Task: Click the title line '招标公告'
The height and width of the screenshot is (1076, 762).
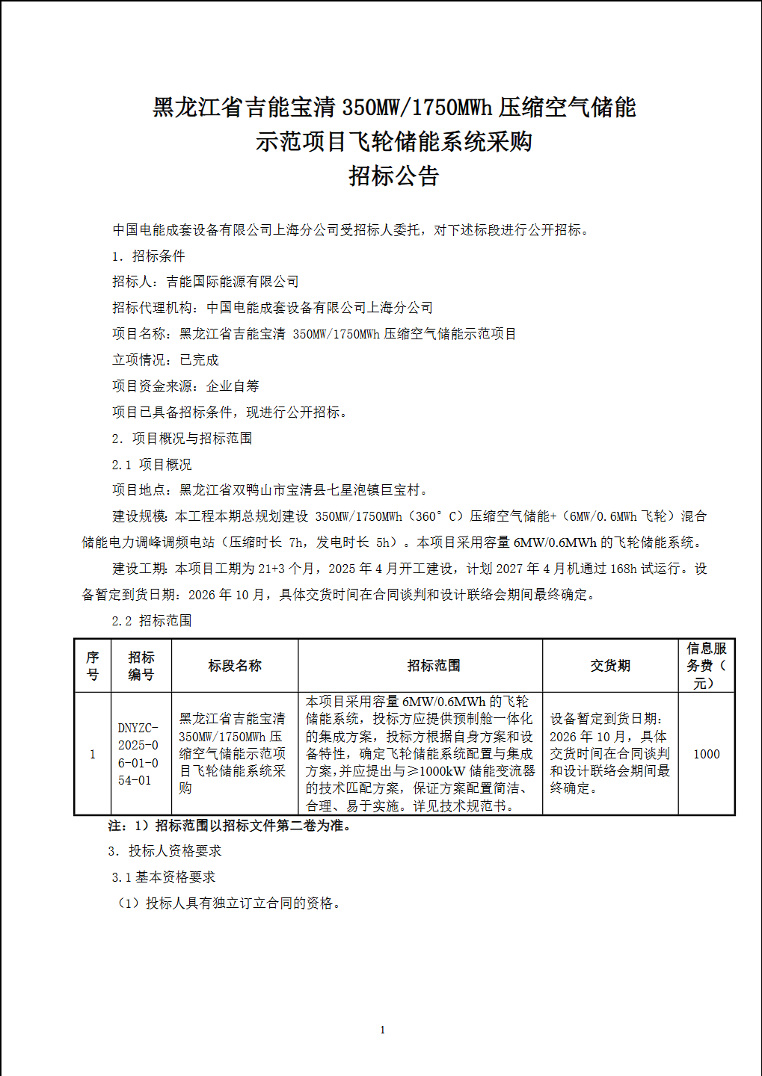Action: tap(393, 176)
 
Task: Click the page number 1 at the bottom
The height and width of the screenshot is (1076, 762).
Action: tap(383, 1030)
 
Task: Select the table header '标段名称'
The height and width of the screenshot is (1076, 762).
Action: tap(235, 666)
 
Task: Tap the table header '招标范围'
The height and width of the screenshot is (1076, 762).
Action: tap(434, 666)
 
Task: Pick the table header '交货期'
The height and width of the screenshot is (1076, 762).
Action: tap(610, 666)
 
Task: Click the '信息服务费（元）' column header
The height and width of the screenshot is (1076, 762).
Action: tap(706, 666)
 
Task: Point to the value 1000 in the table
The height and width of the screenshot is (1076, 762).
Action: tap(706, 754)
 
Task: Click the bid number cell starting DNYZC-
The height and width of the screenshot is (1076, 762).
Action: tap(139, 754)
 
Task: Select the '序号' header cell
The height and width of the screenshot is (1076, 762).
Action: tap(93, 666)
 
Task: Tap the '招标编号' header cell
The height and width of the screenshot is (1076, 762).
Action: tap(141, 666)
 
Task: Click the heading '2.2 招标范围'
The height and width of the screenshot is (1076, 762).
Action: tap(152, 621)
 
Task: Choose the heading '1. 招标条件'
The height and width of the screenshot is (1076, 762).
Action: tap(148, 256)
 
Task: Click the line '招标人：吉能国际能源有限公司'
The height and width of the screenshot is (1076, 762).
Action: tap(206, 282)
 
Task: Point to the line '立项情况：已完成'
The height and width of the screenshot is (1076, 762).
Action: tap(165, 360)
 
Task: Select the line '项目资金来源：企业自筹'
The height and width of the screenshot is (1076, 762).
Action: tap(185, 386)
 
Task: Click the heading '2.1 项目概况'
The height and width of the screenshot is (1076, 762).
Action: tap(152, 465)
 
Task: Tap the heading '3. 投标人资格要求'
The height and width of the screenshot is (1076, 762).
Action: tap(165, 851)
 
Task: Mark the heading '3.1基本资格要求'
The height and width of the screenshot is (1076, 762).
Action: tap(164, 877)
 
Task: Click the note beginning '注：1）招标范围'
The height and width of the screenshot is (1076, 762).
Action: tap(230, 826)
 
